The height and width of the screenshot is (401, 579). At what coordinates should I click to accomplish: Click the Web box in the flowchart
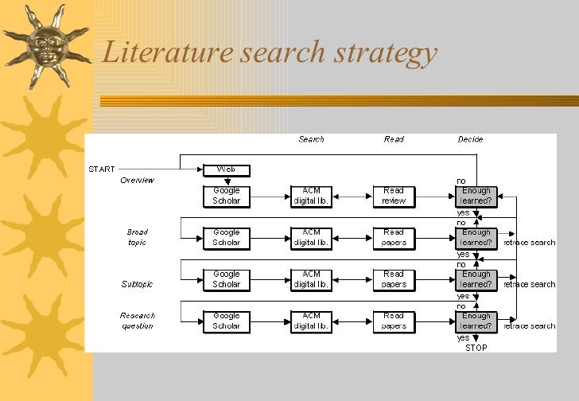click(x=227, y=169)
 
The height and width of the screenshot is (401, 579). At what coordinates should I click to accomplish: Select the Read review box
click(x=394, y=196)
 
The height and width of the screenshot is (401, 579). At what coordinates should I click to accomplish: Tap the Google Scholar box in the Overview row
click(x=227, y=196)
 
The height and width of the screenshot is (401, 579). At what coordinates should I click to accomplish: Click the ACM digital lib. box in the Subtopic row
click(x=311, y=279)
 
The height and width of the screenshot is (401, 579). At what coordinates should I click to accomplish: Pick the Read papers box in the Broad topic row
click(x=394, y=237)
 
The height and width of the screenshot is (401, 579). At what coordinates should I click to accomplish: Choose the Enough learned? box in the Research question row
click(x=476, y=321)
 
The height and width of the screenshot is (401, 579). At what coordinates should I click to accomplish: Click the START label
click(x=102, y=169)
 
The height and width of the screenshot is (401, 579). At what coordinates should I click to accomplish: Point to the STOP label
click(x=476, y=347)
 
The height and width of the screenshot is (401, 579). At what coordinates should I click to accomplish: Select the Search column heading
click(x=311, y=139)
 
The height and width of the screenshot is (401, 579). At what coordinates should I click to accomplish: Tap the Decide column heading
click(x=470, y=139)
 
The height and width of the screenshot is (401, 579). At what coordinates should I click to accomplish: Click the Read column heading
click(x=394, y=139)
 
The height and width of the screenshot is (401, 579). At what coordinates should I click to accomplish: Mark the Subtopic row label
click(x=137, y=284)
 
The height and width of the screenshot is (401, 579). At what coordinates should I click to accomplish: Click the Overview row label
click(x=137, y=180)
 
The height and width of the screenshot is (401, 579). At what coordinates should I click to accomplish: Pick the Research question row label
click(x=137, y=320)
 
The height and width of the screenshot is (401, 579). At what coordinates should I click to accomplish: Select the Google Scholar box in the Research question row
click(x=227, y=321)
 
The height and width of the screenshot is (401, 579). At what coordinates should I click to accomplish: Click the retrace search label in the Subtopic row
click(x=530, y=284)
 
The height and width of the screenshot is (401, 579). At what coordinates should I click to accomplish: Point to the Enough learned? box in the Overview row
click(x=476, y=196)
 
